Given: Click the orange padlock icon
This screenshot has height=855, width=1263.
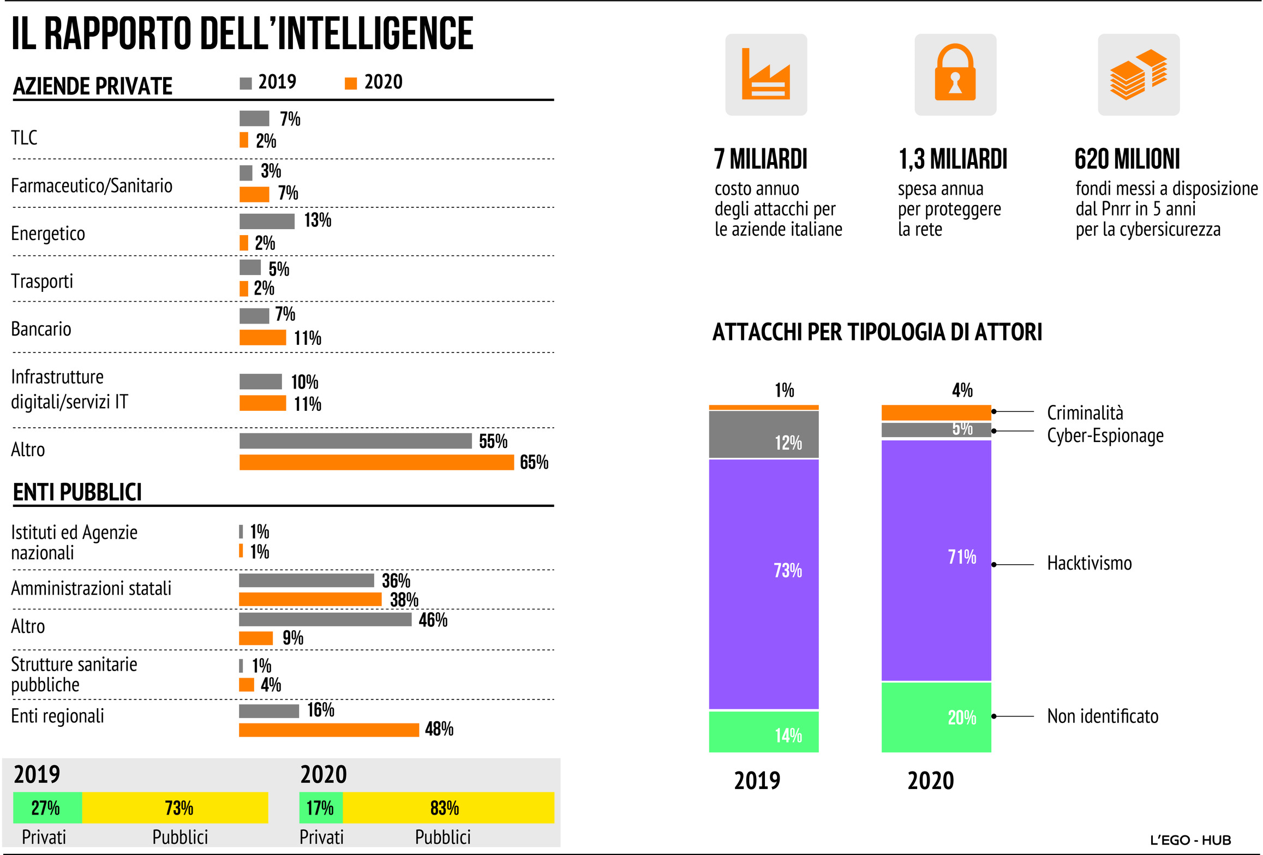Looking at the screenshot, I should point(955,74).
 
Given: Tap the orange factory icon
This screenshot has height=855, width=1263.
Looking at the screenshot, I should point(765,75).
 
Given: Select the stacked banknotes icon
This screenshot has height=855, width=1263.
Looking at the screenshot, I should point(1138,75).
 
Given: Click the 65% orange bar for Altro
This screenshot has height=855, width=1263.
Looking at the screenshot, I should point(376,462).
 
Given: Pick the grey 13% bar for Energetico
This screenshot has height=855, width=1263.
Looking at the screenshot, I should point(267,221).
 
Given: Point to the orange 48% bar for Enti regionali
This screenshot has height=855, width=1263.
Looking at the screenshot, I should point(328,730).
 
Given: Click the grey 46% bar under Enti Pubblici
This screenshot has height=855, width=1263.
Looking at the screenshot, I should point(325,619).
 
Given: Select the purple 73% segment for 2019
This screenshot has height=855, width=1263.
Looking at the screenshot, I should point(763,584).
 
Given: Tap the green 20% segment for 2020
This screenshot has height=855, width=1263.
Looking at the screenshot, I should point(936,717).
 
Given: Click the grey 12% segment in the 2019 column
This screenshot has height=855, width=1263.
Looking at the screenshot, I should point(763,434).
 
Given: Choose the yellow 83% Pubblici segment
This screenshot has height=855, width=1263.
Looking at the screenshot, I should point(448,808).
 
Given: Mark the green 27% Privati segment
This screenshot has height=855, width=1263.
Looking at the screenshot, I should point(47,808).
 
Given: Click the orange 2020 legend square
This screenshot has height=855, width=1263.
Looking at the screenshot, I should point(351,83).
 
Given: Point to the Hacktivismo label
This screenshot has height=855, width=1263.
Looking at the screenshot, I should point(1089,563).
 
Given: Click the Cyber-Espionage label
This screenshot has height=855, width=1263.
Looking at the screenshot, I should point(1105,435).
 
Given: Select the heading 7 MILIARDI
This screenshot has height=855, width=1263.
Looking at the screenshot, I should point(761,159).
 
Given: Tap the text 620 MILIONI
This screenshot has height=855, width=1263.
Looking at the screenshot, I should point(1127,159).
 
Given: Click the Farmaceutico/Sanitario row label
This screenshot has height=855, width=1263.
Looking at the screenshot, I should point(92,186).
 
